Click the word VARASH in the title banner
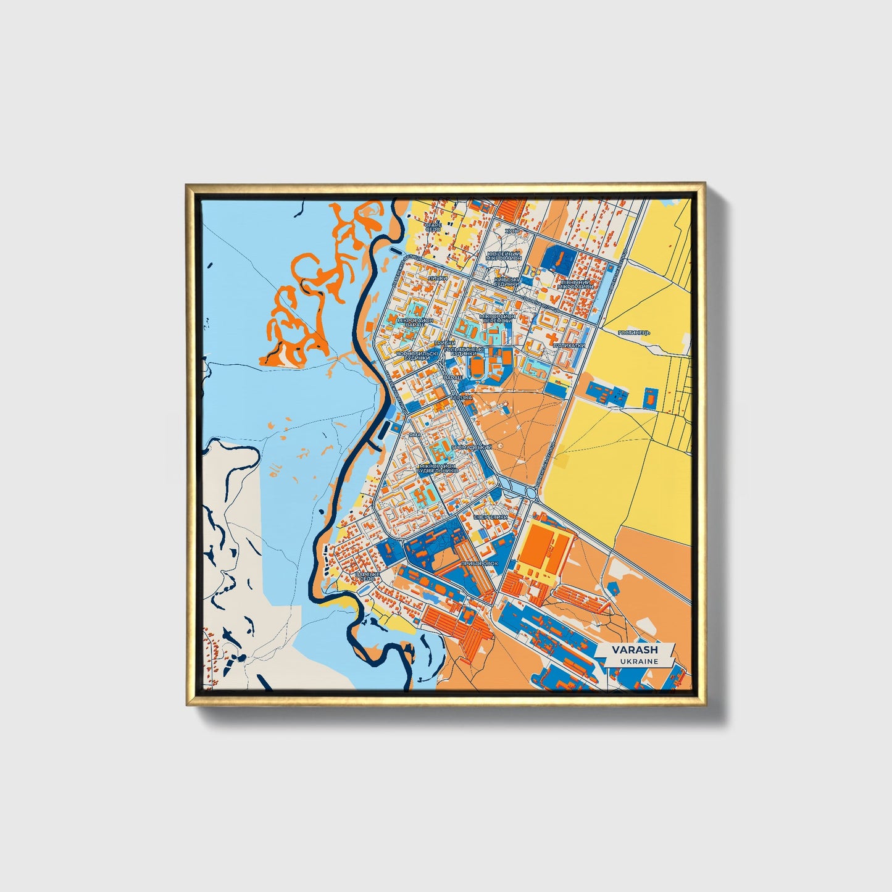point(635,649)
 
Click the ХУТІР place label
point(512,231)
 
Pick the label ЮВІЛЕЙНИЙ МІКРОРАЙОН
point(504,256)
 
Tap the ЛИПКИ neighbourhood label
point(436,278)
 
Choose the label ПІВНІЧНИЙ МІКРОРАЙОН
point(575,284)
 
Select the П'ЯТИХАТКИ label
point(569,346)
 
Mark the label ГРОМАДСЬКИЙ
point(472,446)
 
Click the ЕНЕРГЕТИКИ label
point(490,517)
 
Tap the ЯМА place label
point(415,435)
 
